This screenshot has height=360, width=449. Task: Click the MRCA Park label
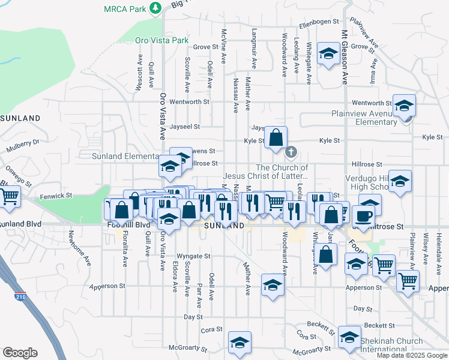point(125,9)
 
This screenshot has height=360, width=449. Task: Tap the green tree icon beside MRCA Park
point(156,8)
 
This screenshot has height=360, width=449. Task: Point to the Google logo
point(20,353)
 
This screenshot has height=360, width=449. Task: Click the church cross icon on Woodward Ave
point(291,151)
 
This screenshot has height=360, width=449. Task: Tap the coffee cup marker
point(365,214)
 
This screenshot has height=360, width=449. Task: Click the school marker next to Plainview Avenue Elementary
point(405,106)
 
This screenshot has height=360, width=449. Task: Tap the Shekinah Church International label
point(391,345)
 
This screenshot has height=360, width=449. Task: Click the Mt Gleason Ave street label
point(345,57)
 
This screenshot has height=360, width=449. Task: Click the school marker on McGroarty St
point(240,342)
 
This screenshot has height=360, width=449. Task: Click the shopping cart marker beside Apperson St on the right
point(408,280)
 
